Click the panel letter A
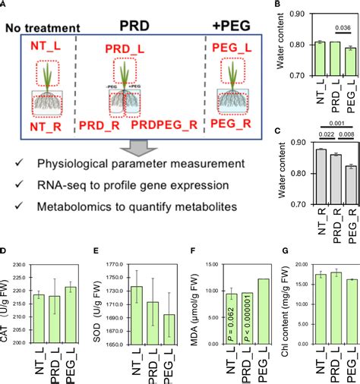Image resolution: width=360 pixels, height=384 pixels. coord(5,6)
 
